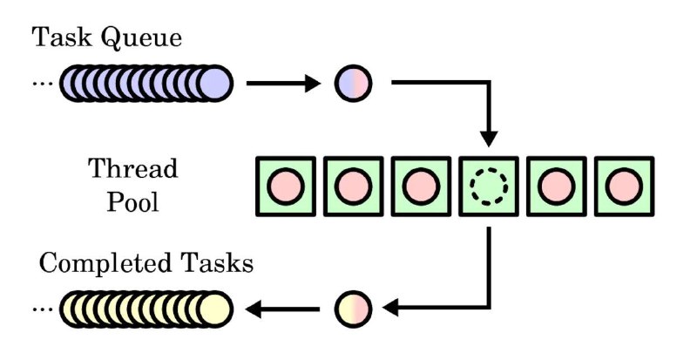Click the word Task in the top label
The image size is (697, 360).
62,37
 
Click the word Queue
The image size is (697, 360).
142,37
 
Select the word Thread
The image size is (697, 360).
133,168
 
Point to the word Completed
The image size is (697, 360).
105,263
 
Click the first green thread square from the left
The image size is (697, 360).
286,187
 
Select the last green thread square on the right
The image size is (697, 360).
624,187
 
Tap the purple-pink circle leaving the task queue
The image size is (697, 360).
354,83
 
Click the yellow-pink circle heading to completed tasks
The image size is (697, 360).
354,309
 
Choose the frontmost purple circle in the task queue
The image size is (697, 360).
214,83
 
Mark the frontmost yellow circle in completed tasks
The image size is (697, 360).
214,309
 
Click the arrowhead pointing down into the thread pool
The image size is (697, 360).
489,139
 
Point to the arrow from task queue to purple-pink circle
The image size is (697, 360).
283,83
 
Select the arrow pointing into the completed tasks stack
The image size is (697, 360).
282,309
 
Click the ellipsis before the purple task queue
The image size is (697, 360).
43,83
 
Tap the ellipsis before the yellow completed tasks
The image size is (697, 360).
43,309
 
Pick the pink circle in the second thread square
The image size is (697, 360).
354,187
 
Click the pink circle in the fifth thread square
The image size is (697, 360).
557,187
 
